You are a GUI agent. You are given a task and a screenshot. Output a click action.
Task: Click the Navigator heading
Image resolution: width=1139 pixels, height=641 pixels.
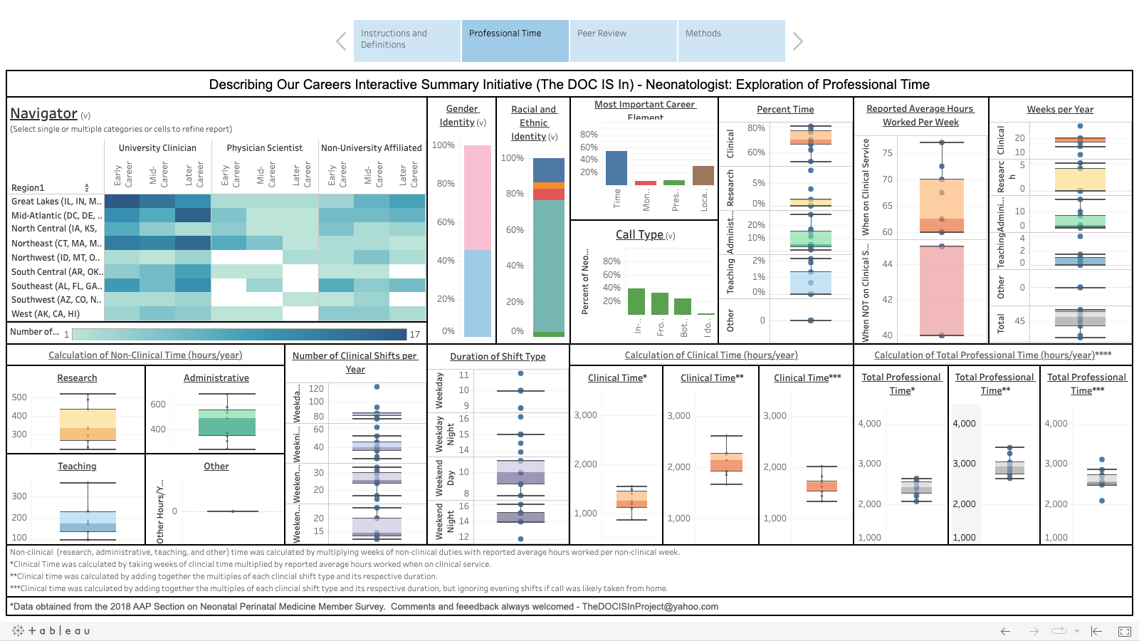coord(43,113)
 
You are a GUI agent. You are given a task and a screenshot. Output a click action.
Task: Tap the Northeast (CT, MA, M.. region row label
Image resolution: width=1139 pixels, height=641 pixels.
coord(56,244)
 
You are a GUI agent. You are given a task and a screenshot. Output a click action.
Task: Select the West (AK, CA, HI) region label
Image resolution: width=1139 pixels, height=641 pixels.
coord(46,314)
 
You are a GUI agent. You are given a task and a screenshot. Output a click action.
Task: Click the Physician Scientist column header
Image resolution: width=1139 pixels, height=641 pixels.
coord(264,148)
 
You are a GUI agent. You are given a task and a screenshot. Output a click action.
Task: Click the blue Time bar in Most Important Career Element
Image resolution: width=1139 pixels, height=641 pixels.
coord(616,168)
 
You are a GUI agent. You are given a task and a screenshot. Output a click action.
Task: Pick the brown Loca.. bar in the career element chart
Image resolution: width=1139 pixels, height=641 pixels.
coord(703,176)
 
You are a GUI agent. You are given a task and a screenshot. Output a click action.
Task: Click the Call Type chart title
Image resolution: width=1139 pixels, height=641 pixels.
coord(639,234)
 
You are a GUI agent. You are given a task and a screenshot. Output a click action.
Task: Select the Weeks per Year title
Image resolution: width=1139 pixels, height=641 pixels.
coord(1060,110)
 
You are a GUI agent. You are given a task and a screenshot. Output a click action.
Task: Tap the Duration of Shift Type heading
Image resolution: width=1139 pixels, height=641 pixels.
coord(498,357)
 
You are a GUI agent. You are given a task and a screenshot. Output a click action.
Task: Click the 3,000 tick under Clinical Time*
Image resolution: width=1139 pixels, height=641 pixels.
coord(586,415)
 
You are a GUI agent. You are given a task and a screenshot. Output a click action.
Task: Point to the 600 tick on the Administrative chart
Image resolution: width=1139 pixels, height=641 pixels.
coord(158,405)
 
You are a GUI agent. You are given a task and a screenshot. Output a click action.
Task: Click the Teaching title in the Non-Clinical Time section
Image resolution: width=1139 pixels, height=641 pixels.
coord(77,467)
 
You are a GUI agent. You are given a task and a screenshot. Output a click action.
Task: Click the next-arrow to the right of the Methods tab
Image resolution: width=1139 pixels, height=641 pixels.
coord(797,41)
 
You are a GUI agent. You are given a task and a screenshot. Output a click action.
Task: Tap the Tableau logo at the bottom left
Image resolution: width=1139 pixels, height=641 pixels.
coord(51,631)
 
